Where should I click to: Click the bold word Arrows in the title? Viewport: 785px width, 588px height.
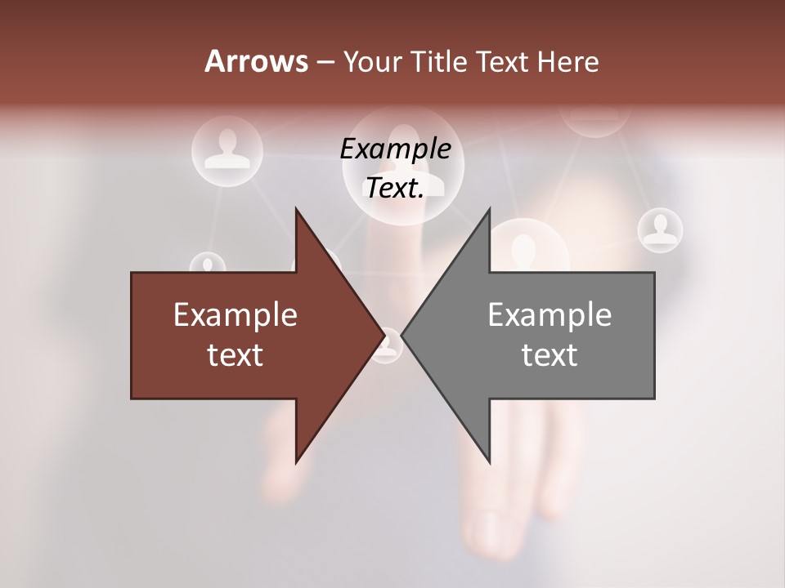256,61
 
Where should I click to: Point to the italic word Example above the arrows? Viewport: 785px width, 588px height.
395,149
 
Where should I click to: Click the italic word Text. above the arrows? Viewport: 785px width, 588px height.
395,188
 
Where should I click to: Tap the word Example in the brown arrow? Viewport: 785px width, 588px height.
235,314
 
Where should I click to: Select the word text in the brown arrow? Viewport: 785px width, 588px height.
235,354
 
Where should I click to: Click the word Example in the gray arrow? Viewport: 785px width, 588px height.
549,314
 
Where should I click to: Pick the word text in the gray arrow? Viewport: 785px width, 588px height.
549,354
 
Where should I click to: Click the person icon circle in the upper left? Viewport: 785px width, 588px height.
227,150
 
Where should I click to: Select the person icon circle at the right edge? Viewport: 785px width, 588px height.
659,229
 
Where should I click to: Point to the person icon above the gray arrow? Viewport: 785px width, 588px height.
524,245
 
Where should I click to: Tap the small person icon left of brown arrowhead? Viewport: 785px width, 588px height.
208,265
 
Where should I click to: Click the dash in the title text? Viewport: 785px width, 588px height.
324,62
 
